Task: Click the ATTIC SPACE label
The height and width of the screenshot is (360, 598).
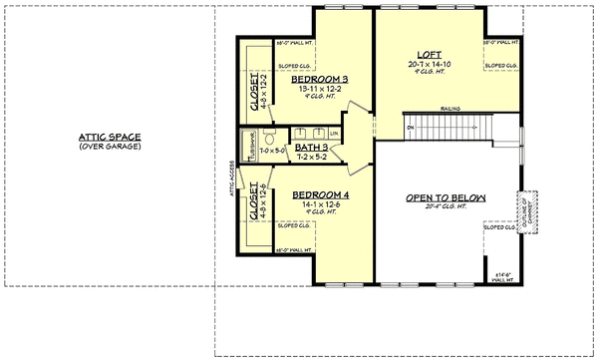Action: tap(110, 137)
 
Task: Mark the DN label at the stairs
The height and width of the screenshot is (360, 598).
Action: tap(410, 128)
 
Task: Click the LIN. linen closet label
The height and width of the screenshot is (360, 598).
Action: tap(335, 134)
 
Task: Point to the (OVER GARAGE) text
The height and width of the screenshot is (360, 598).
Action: tap(110, 147)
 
